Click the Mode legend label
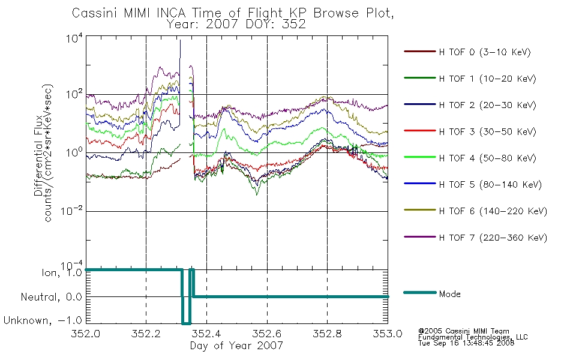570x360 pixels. pos(450,294)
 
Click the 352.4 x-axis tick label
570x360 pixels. pos(206,334)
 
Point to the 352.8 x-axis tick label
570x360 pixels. pos(327,334)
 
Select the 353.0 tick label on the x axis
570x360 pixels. pos(388,334)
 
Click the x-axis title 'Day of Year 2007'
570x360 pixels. pos(236,346)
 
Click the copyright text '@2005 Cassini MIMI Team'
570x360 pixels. pos(464,331)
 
